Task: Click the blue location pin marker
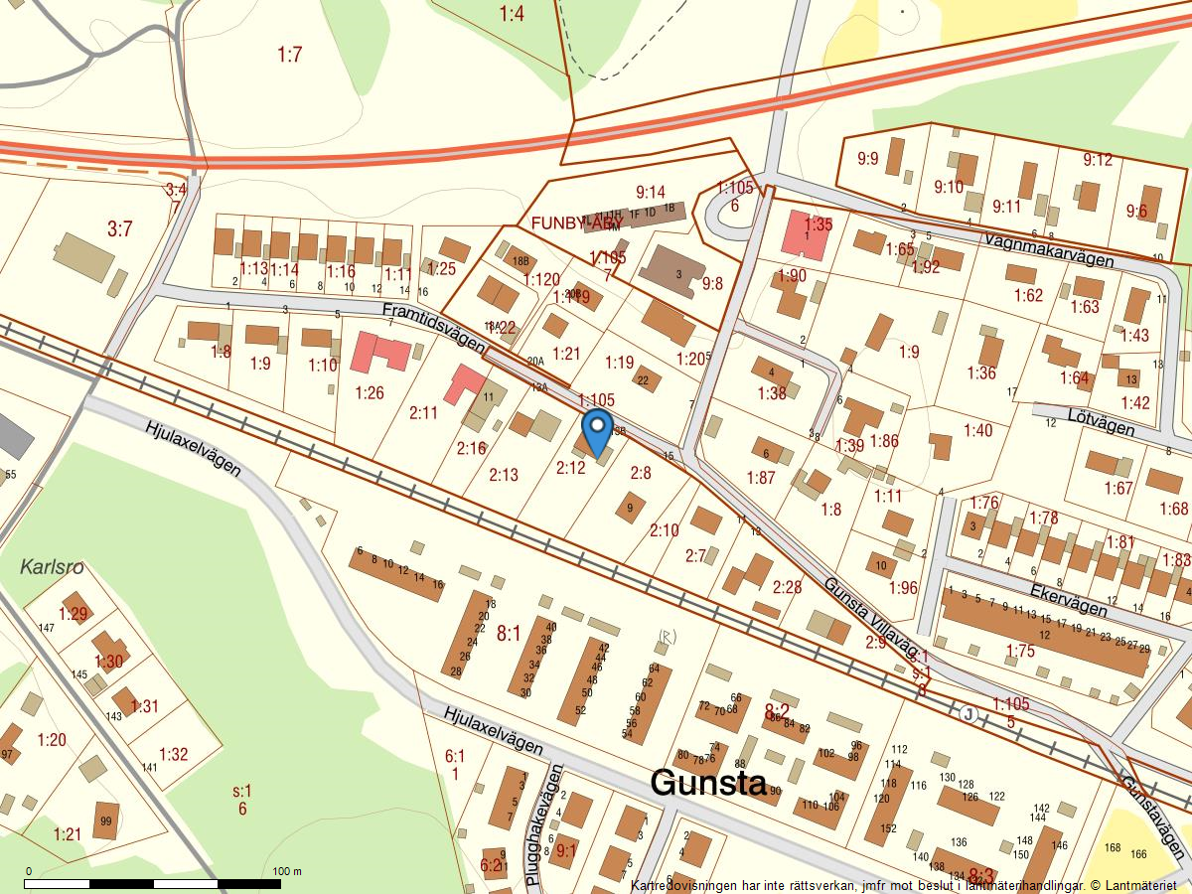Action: pos(597,429)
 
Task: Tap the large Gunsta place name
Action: pos(708,783)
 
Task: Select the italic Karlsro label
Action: pos(52,568)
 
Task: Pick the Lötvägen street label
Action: pos(1102,425)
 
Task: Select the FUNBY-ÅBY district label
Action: pos(578,223)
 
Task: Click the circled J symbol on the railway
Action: pos(968,713)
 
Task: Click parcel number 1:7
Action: pos(289,55)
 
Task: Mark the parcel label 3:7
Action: pos(119,229)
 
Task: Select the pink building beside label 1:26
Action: pos(379,352)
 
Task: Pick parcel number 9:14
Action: pos(650,192)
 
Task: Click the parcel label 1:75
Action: pos(1020,651)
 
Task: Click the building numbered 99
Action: pos(104,821)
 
